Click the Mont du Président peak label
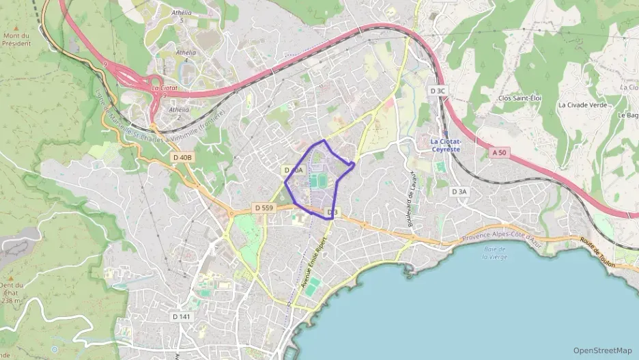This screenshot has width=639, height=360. click(x=16, y=39)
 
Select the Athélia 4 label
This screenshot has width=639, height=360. click(x=186, y=56)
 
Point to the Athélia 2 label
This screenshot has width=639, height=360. click(x=179, y=113)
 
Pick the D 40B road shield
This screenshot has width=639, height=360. click(x=183, y=158)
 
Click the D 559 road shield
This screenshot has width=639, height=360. click(x=264, y=207)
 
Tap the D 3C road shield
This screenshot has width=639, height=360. click(x=438, y=91)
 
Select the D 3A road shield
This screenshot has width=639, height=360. click(x=459, y=192)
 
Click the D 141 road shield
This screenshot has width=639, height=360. click(x=181, y=316)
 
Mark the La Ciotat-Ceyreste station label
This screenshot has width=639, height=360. click(x=444, y=146)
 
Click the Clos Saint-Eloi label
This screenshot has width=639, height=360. click(x=520, y=98)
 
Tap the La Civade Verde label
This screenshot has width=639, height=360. click(x=582, y=105)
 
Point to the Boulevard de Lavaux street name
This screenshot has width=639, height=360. click(x=411, y=199)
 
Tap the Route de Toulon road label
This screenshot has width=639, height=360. click(x=597, y=253)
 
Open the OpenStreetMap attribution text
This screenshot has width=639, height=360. click(x=602, y=350)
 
